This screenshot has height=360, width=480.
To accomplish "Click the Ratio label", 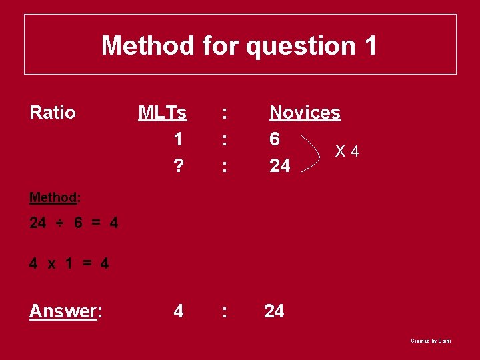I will coord(53,113).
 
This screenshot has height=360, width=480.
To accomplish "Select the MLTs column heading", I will coord(162,113).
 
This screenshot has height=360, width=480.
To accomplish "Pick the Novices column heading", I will coord(305,113).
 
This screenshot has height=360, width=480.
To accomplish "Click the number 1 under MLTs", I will coord(178,139).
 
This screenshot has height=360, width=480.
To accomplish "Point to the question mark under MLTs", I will coord(178,165).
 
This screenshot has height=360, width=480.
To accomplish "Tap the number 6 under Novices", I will coord(275,139).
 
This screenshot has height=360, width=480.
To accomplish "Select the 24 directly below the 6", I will coord(280,165).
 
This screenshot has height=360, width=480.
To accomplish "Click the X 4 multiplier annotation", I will coord(347,152).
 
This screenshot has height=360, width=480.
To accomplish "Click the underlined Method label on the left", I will coord(53,197).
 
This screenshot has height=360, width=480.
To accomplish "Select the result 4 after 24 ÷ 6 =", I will coord(114,223).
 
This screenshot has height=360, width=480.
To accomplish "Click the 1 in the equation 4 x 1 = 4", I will coord(69,263).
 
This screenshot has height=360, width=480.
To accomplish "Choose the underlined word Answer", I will coord(63,311).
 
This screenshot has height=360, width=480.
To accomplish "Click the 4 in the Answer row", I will coord(179,311).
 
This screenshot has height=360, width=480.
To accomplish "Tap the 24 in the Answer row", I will coord(274,311).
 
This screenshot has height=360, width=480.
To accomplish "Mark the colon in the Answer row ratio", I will coord(225,311).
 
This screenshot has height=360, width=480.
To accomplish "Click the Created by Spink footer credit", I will coord(431,341).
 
